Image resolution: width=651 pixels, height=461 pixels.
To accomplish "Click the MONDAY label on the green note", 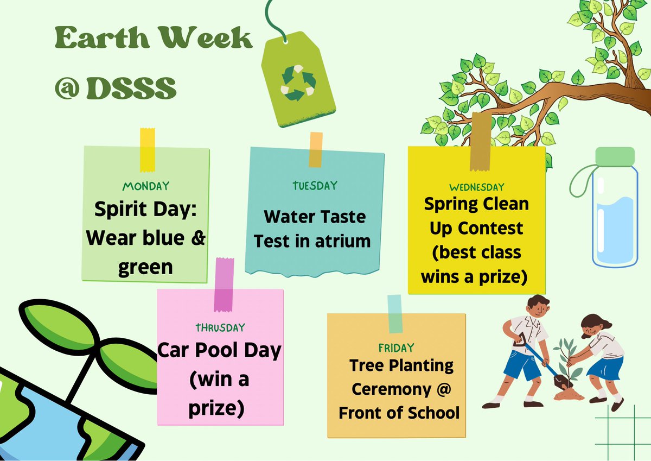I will [146, 186].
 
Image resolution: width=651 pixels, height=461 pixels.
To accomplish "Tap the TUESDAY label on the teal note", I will [315, 186].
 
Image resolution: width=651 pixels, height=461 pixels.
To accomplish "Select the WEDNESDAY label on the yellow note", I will [477, 187].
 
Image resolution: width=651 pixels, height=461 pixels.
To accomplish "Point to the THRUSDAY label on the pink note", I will [220, 327].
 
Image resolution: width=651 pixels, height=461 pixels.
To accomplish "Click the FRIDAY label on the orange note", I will [396, 348].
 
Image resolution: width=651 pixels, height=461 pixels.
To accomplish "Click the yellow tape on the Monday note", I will [147, 149].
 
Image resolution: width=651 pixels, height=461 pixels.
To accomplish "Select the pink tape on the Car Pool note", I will [224, 285].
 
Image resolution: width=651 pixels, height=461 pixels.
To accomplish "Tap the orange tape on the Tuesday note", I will [315, 149].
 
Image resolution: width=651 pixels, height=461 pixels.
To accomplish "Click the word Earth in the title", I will [92, 40].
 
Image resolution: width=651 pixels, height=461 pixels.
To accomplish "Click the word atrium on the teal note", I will [344, 241].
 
